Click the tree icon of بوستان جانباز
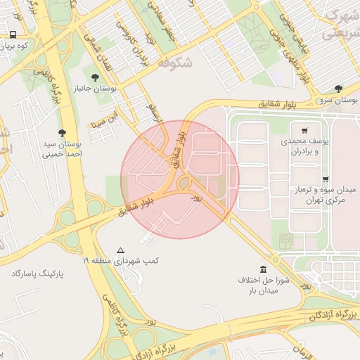95,77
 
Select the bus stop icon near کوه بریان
13,34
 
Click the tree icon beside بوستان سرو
339,89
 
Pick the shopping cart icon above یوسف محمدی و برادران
304,130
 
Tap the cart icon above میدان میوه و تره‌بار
325,179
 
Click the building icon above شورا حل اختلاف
263,269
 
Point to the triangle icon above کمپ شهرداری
121,250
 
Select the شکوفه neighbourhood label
176,63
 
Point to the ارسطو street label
153,112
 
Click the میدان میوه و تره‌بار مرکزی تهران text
325,195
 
